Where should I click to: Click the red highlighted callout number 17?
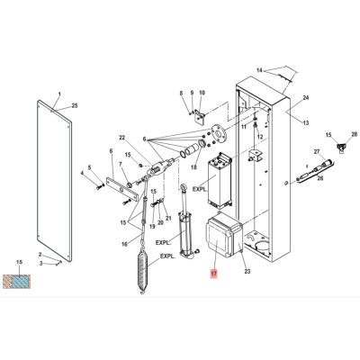click(x=214, y=274)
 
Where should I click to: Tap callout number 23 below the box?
click(x=247, y=272)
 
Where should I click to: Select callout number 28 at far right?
click(x=355, y=134)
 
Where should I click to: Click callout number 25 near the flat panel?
click(x=74, y=105)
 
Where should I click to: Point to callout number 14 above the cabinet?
click(x=259, y=70)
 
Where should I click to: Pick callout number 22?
click(x=121, y=138)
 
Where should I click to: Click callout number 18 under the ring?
click(x=193, y=167)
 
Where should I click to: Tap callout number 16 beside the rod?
click(x=124, y=244)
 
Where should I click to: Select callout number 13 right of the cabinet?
click(x=306, y=122)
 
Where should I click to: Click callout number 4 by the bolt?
click(x=82, y=173)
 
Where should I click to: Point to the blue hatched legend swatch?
click(x=20, y=283)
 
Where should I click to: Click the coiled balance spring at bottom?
click(x=143, y=271)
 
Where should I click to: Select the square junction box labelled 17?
click(x=224, y=235)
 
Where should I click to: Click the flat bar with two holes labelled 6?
click(x=121, y=191)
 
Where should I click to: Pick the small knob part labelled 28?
click(x=340, y=148)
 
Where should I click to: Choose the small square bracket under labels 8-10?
click(x=199, y=118)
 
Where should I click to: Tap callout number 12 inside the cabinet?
click(x=260, y=137)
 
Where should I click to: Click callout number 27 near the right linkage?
click(x=317, y=151)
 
